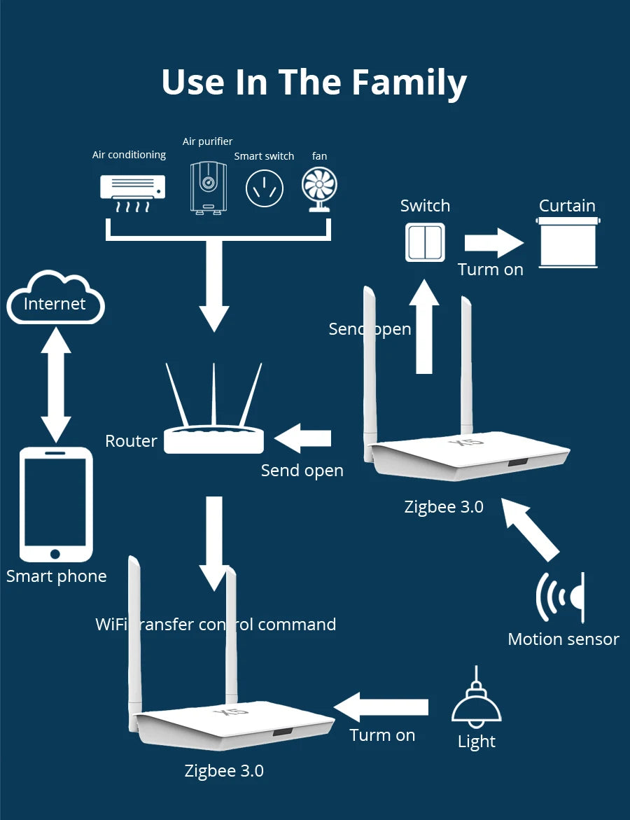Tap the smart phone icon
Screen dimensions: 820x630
55,504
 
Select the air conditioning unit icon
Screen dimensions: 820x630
133,192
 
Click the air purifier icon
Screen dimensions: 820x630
208,186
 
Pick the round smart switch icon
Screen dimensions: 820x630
264,188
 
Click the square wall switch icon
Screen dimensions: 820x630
425,242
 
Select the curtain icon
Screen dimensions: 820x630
568,242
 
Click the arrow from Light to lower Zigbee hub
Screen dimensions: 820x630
381,707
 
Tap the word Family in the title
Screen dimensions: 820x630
409,82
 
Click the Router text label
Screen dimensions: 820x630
131,441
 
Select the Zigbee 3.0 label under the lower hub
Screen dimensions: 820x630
224,771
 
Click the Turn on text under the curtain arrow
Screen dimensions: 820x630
490,270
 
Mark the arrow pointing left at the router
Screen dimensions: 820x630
302,439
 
